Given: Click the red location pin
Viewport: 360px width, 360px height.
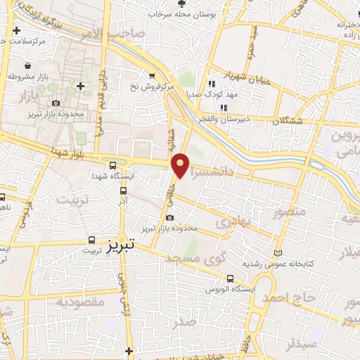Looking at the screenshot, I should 181,165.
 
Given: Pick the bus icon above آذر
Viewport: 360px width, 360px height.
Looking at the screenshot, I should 124,190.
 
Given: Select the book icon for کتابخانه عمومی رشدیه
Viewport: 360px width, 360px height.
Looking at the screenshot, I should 278,252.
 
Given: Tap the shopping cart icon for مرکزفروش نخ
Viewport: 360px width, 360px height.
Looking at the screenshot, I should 151,75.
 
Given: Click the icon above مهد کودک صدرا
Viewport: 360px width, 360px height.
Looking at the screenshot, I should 211,84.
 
